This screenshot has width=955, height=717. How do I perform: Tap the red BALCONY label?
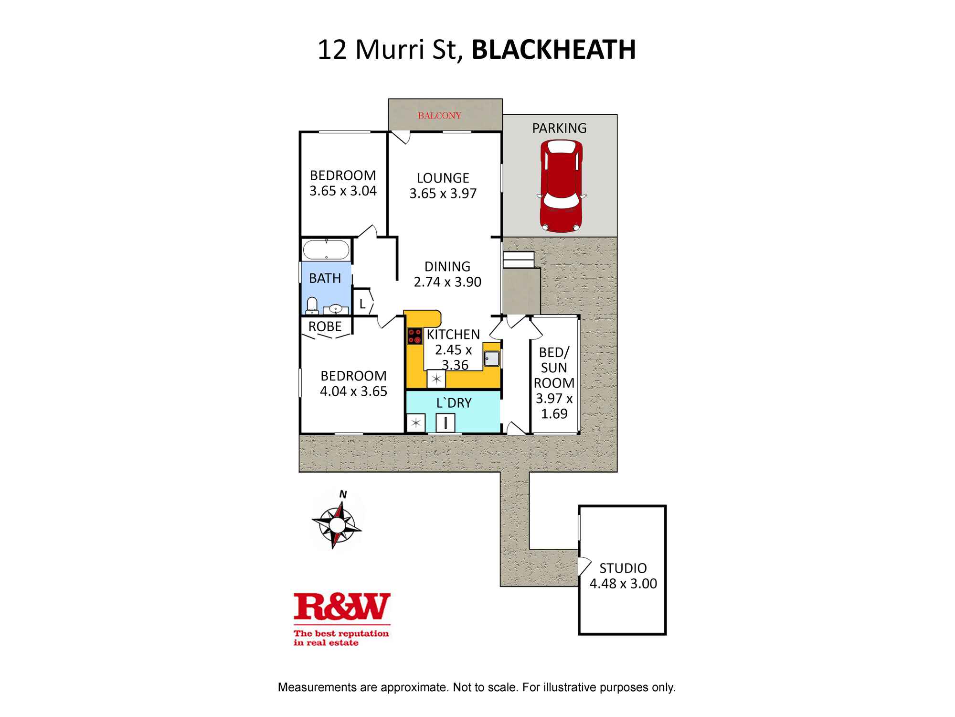(439, 116)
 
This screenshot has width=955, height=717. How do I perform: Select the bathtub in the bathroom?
(326, 250)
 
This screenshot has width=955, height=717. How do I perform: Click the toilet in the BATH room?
(312, 306)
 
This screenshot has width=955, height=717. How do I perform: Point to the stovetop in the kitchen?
(414, 336)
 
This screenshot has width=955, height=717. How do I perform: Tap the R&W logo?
(342, 607)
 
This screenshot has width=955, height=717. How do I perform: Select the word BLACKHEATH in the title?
(553, 50)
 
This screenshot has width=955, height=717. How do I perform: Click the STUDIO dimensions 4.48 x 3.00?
(623, 584)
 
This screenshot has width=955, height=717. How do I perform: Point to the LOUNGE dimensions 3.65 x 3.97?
(443, 194)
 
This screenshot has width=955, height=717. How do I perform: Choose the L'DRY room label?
(454, 403)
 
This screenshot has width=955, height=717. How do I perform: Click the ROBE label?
(325, 326)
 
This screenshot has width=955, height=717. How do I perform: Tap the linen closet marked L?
(362, 304)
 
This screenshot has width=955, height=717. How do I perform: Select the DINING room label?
(447, 266)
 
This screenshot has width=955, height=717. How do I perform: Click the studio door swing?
(584, 566)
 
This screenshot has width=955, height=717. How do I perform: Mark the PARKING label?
(559, 128)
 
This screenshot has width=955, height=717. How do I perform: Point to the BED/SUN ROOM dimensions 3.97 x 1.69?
(554, 406)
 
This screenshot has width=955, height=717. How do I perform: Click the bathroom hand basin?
(336, 309)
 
